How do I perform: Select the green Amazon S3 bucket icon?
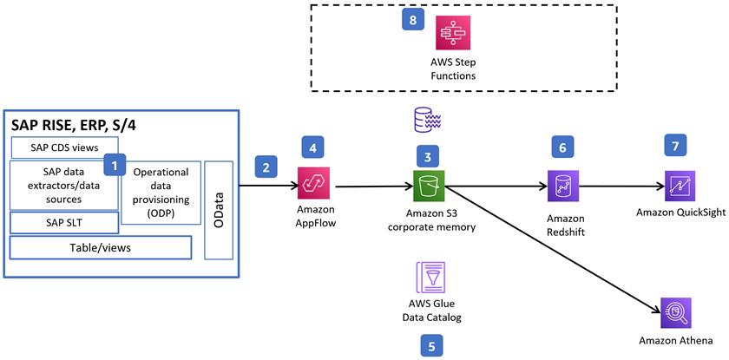coord(429,186)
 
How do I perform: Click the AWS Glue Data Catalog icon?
coord(429,280)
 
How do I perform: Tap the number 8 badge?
coord(413,19)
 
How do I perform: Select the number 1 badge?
coord(114,163)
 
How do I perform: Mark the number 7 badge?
coord(674,145)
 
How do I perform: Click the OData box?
coord(219,210)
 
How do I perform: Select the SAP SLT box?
coord(64,223)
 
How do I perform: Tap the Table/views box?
coord(100,248)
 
